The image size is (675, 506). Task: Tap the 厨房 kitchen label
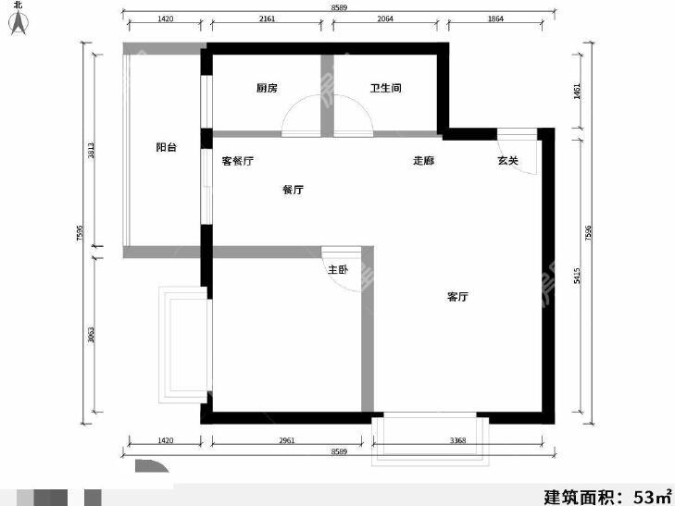pyautogui.click(x=268, y=89)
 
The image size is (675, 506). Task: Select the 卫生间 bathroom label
pyautogui.click(x=384, y=89)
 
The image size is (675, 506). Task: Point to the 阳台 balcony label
pyautogui.click(x=166, y=147)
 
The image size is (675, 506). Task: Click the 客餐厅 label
pyautogui.click(x=238, y=161)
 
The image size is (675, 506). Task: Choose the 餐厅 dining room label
pyautogui.click(x=293, y=190)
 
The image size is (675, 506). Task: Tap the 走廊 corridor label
pyautogui.click(x=423, y=161)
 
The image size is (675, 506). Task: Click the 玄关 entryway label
pyautogui.click(x=507, y=161)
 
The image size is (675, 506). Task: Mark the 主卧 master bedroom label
pyautogui.click(x=337, y=270)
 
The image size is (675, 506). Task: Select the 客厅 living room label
pyautogui.click(x=457, y=297)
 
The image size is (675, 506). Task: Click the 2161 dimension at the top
pyautogui.click(x=266, y=19)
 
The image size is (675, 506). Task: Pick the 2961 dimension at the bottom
pyautogui.click(x=286, y=440)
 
